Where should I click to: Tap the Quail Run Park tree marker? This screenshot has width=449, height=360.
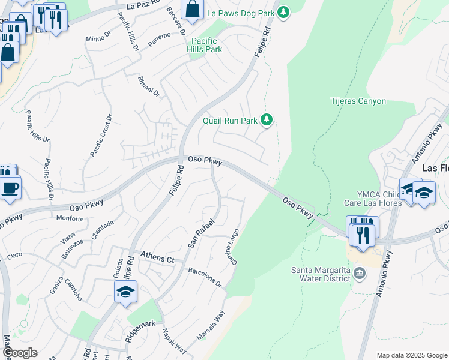pos(267,121)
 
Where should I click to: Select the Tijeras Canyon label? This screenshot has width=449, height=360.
pos(358,101)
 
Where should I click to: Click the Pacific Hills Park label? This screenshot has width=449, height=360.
pos(205,45)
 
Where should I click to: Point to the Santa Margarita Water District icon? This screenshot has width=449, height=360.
pos(360,274)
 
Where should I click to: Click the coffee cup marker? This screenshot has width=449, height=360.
pos(10,189)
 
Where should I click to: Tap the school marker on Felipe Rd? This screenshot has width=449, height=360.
pos(125,293)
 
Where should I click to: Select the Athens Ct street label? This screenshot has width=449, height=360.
pos(157,259)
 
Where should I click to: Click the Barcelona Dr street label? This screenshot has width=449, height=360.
pos(205,277)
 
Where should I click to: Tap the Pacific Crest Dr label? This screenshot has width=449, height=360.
pos(101,136)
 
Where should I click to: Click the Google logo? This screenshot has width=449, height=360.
pos(19,353)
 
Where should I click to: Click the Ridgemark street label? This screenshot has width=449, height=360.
pos(140,331)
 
